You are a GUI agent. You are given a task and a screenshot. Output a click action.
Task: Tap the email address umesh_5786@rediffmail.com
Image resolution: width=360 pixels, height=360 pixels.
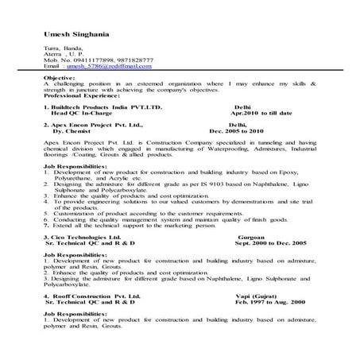pyautogui.click(x=107, y=66)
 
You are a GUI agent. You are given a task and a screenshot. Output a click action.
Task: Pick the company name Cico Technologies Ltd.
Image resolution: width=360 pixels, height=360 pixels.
pyautogui.click(x=85, y=237)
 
